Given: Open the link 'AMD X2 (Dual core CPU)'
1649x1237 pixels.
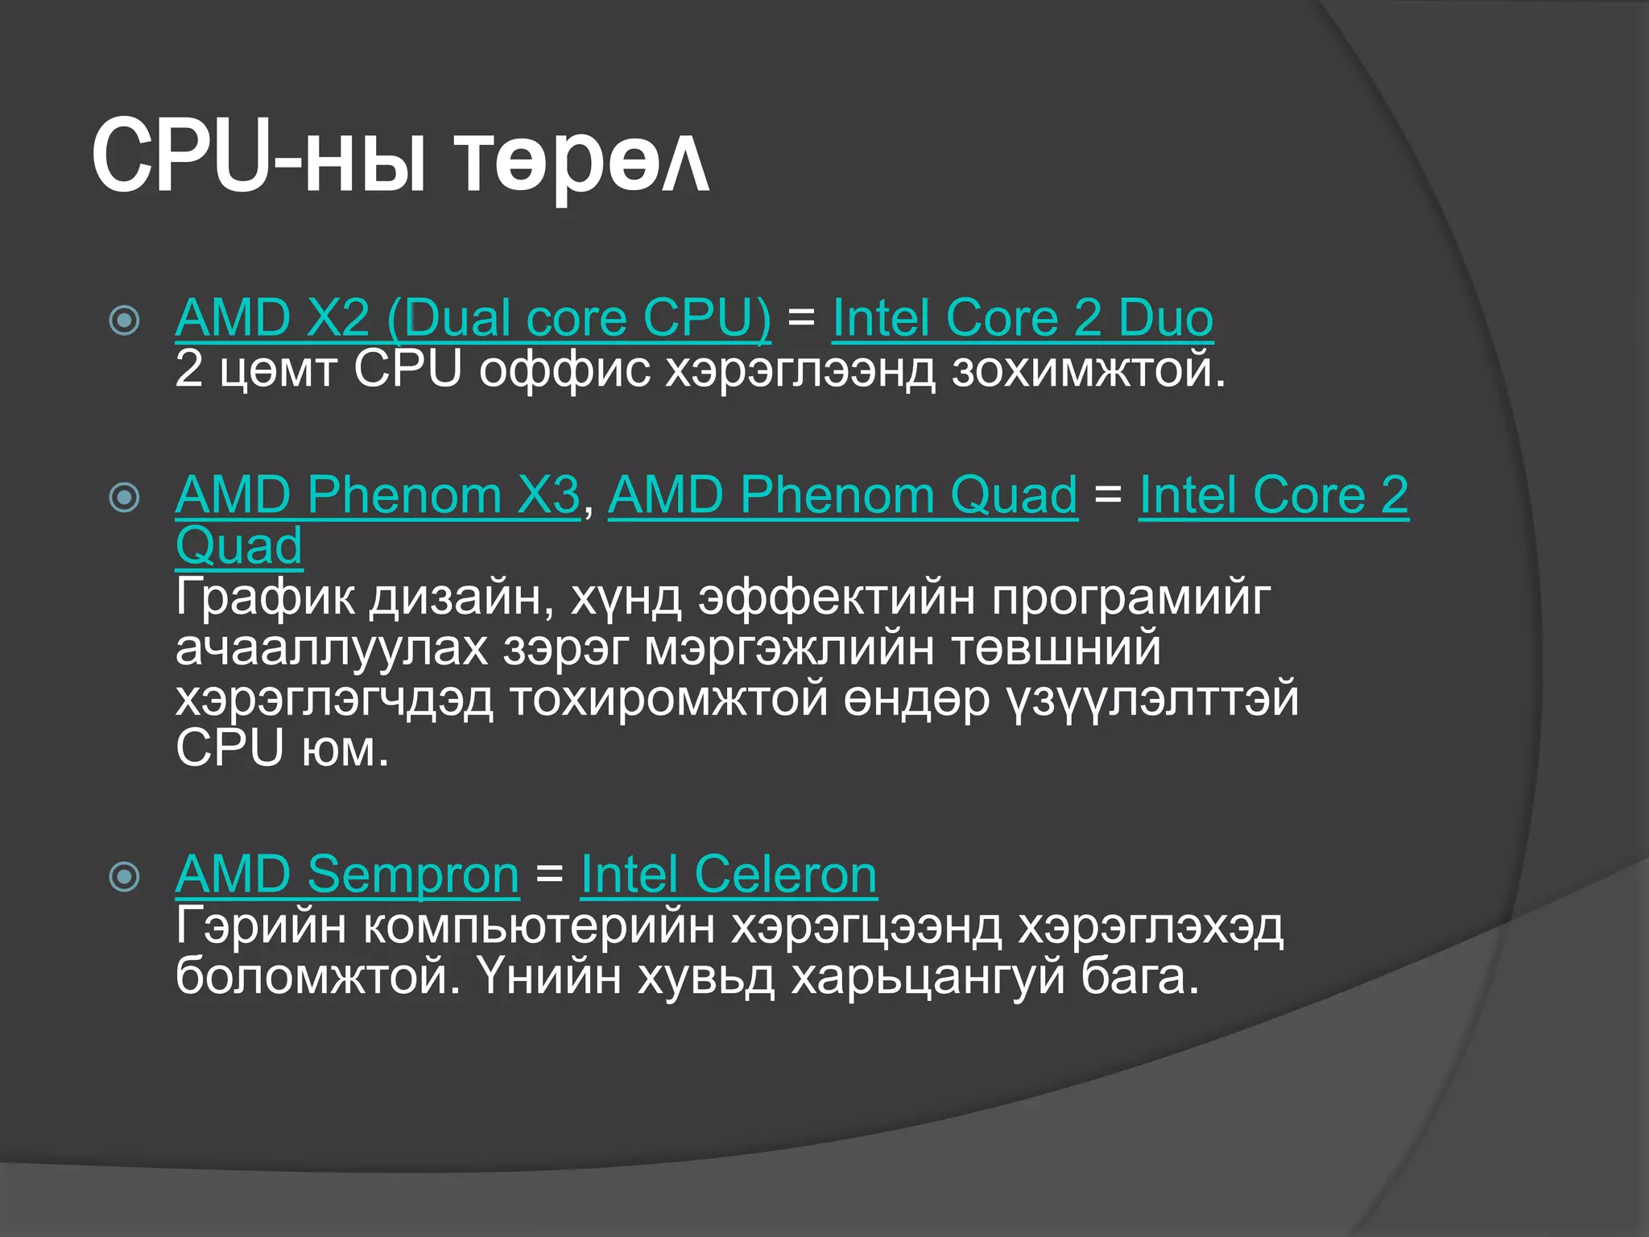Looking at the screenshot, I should [x=473, y=318].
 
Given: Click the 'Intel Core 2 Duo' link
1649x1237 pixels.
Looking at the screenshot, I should [x=1023, y=318].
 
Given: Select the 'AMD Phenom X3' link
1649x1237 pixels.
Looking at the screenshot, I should [x=378, y=494].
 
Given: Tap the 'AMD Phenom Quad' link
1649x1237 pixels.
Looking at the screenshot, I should [x=842, y=494].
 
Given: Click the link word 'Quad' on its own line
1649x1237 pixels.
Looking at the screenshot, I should [x=239, y=546].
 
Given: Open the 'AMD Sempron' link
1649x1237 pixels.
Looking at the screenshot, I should [x=347, y=875].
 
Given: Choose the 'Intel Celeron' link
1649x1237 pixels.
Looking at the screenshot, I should [x=729, y=875].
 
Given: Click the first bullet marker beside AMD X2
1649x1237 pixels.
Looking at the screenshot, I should [x=124, y=321].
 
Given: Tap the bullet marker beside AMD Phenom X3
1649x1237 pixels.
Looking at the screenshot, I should [x=124, y=497].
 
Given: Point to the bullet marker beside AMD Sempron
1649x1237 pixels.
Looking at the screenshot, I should [x=124, y=876].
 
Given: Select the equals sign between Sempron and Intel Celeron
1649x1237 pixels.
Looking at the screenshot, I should [x=549, y=873].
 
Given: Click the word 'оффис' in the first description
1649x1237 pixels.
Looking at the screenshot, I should [x=564, y=370].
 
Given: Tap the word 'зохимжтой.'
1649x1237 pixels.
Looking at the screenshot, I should [x=1089, y=370].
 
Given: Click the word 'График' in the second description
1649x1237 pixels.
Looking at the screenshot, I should [x=265, y=598].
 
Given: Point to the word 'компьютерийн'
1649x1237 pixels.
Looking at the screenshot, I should [x=539, y=926].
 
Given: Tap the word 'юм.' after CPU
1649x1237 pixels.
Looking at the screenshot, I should [x=345, y=749].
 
